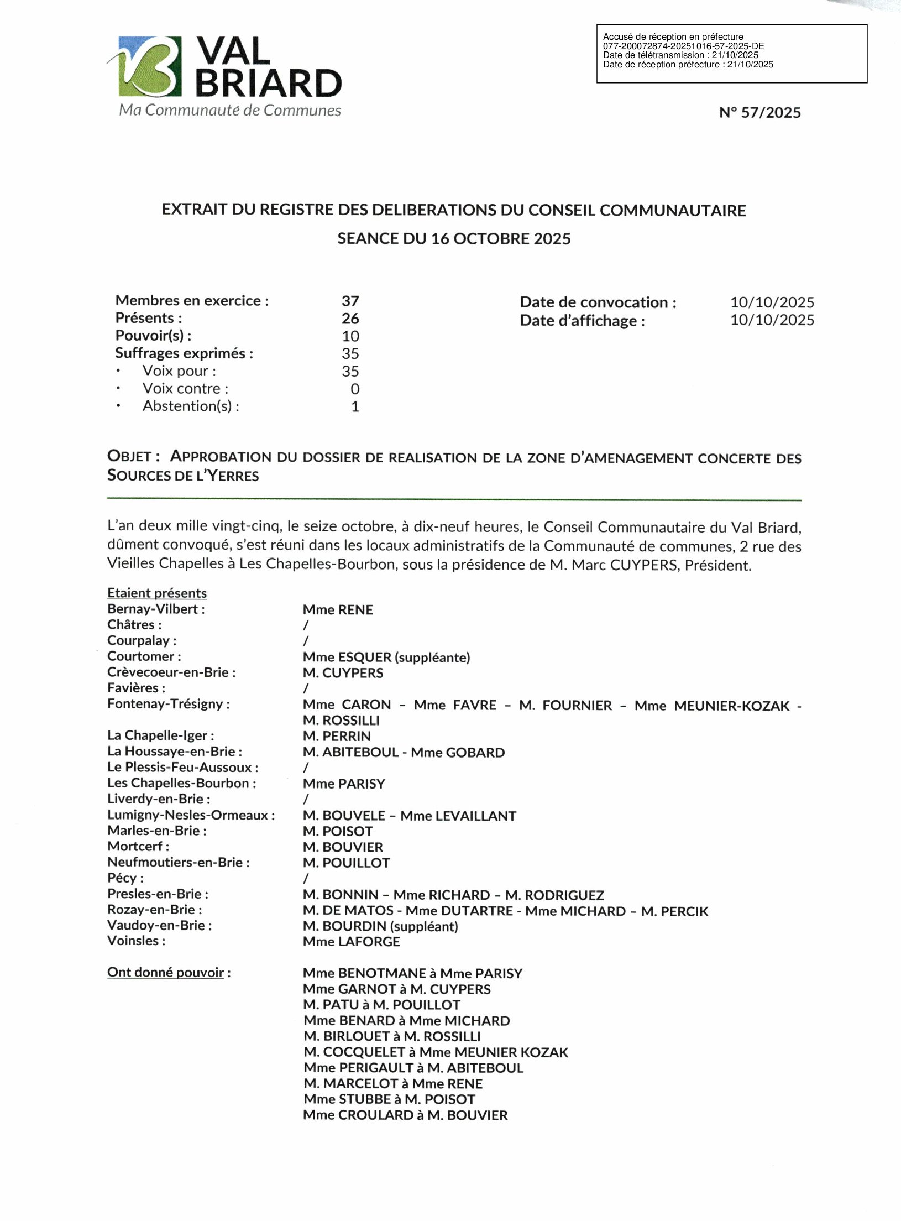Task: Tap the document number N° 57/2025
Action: [x=759, y=113]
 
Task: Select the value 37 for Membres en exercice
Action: [x=350, y=301]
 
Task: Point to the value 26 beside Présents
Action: [x=350, y=319]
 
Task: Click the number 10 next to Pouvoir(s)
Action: [x=350, y=336]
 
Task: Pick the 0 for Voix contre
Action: [x=355, y=389]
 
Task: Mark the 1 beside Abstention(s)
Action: [x=355, y=406]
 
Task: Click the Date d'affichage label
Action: [x=582, y=321]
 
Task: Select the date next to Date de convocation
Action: [x=772, y=302]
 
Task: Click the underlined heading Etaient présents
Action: [x=157, y=593]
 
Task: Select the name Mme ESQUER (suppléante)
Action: [x=386, y=657]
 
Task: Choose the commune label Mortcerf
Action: [x=138, y=846]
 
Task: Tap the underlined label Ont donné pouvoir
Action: [x=166, y=973]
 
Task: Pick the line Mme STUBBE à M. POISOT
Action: [x=389, y=1099]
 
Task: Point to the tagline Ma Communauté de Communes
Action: [x=230, y=110]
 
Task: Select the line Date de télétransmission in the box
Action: [x=680, y=55]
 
